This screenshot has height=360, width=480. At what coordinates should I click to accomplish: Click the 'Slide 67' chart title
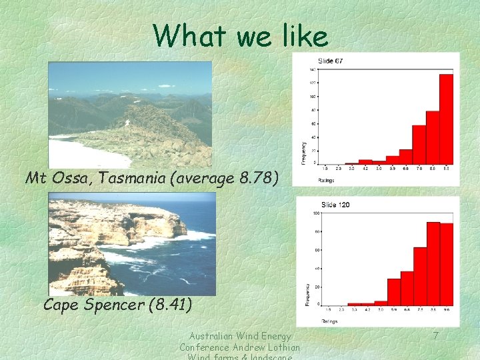(x=331, y=62)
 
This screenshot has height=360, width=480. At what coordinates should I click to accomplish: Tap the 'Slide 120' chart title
(x=335, y=205)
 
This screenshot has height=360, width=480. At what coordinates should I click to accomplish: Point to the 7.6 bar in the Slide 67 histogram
(x=419, y=145)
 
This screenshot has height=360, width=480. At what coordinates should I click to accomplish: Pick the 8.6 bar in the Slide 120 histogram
(x=433, y=263)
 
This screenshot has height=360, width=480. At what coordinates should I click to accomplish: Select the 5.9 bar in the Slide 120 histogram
(x=393, y=291)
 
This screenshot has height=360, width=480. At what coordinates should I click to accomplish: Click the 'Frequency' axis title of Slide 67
(x=305, y=153)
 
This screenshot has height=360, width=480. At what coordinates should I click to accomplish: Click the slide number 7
(x=435, y=336)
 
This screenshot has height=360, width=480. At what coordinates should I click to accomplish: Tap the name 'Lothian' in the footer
(x=279, y=347)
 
